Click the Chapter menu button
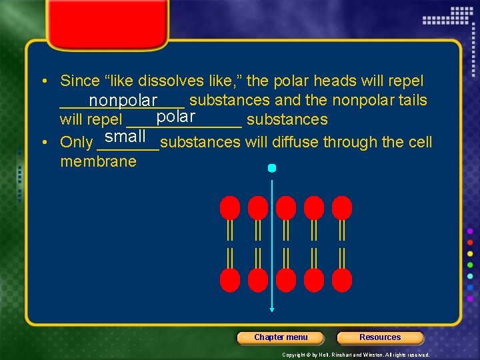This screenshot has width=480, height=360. (x=281, y=337)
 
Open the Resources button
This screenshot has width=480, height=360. (x=380, y=337)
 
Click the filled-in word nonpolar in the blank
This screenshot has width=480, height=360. (x=123, y=101)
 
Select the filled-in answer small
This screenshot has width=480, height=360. (x=125, y=137)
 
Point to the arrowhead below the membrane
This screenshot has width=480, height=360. (x=271, y=309)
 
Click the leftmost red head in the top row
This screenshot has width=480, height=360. (x=230, y=207)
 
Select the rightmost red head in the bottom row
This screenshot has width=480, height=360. (x=342, y=279)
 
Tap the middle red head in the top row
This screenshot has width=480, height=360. (x=286, y=207)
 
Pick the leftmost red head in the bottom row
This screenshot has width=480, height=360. (x=230, y=279)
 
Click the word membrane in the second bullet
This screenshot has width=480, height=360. (x=98, y=161)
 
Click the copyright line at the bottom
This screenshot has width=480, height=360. (x=356, y=355)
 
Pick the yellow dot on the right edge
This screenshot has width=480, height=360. (x=471, y=253)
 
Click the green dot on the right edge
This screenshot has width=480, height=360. (x=471, y=265)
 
